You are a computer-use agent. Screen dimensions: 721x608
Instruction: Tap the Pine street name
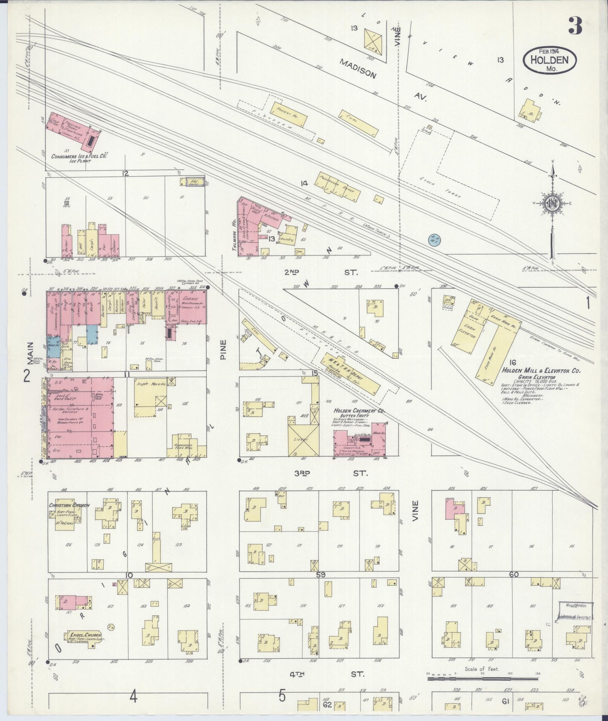(x=223, y=349)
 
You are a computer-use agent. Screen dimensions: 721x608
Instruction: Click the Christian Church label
(x=69, y=505)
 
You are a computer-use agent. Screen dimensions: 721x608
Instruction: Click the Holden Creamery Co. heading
(x=360, y=411)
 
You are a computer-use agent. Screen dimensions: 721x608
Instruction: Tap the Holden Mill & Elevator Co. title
(x=541, y=371)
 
